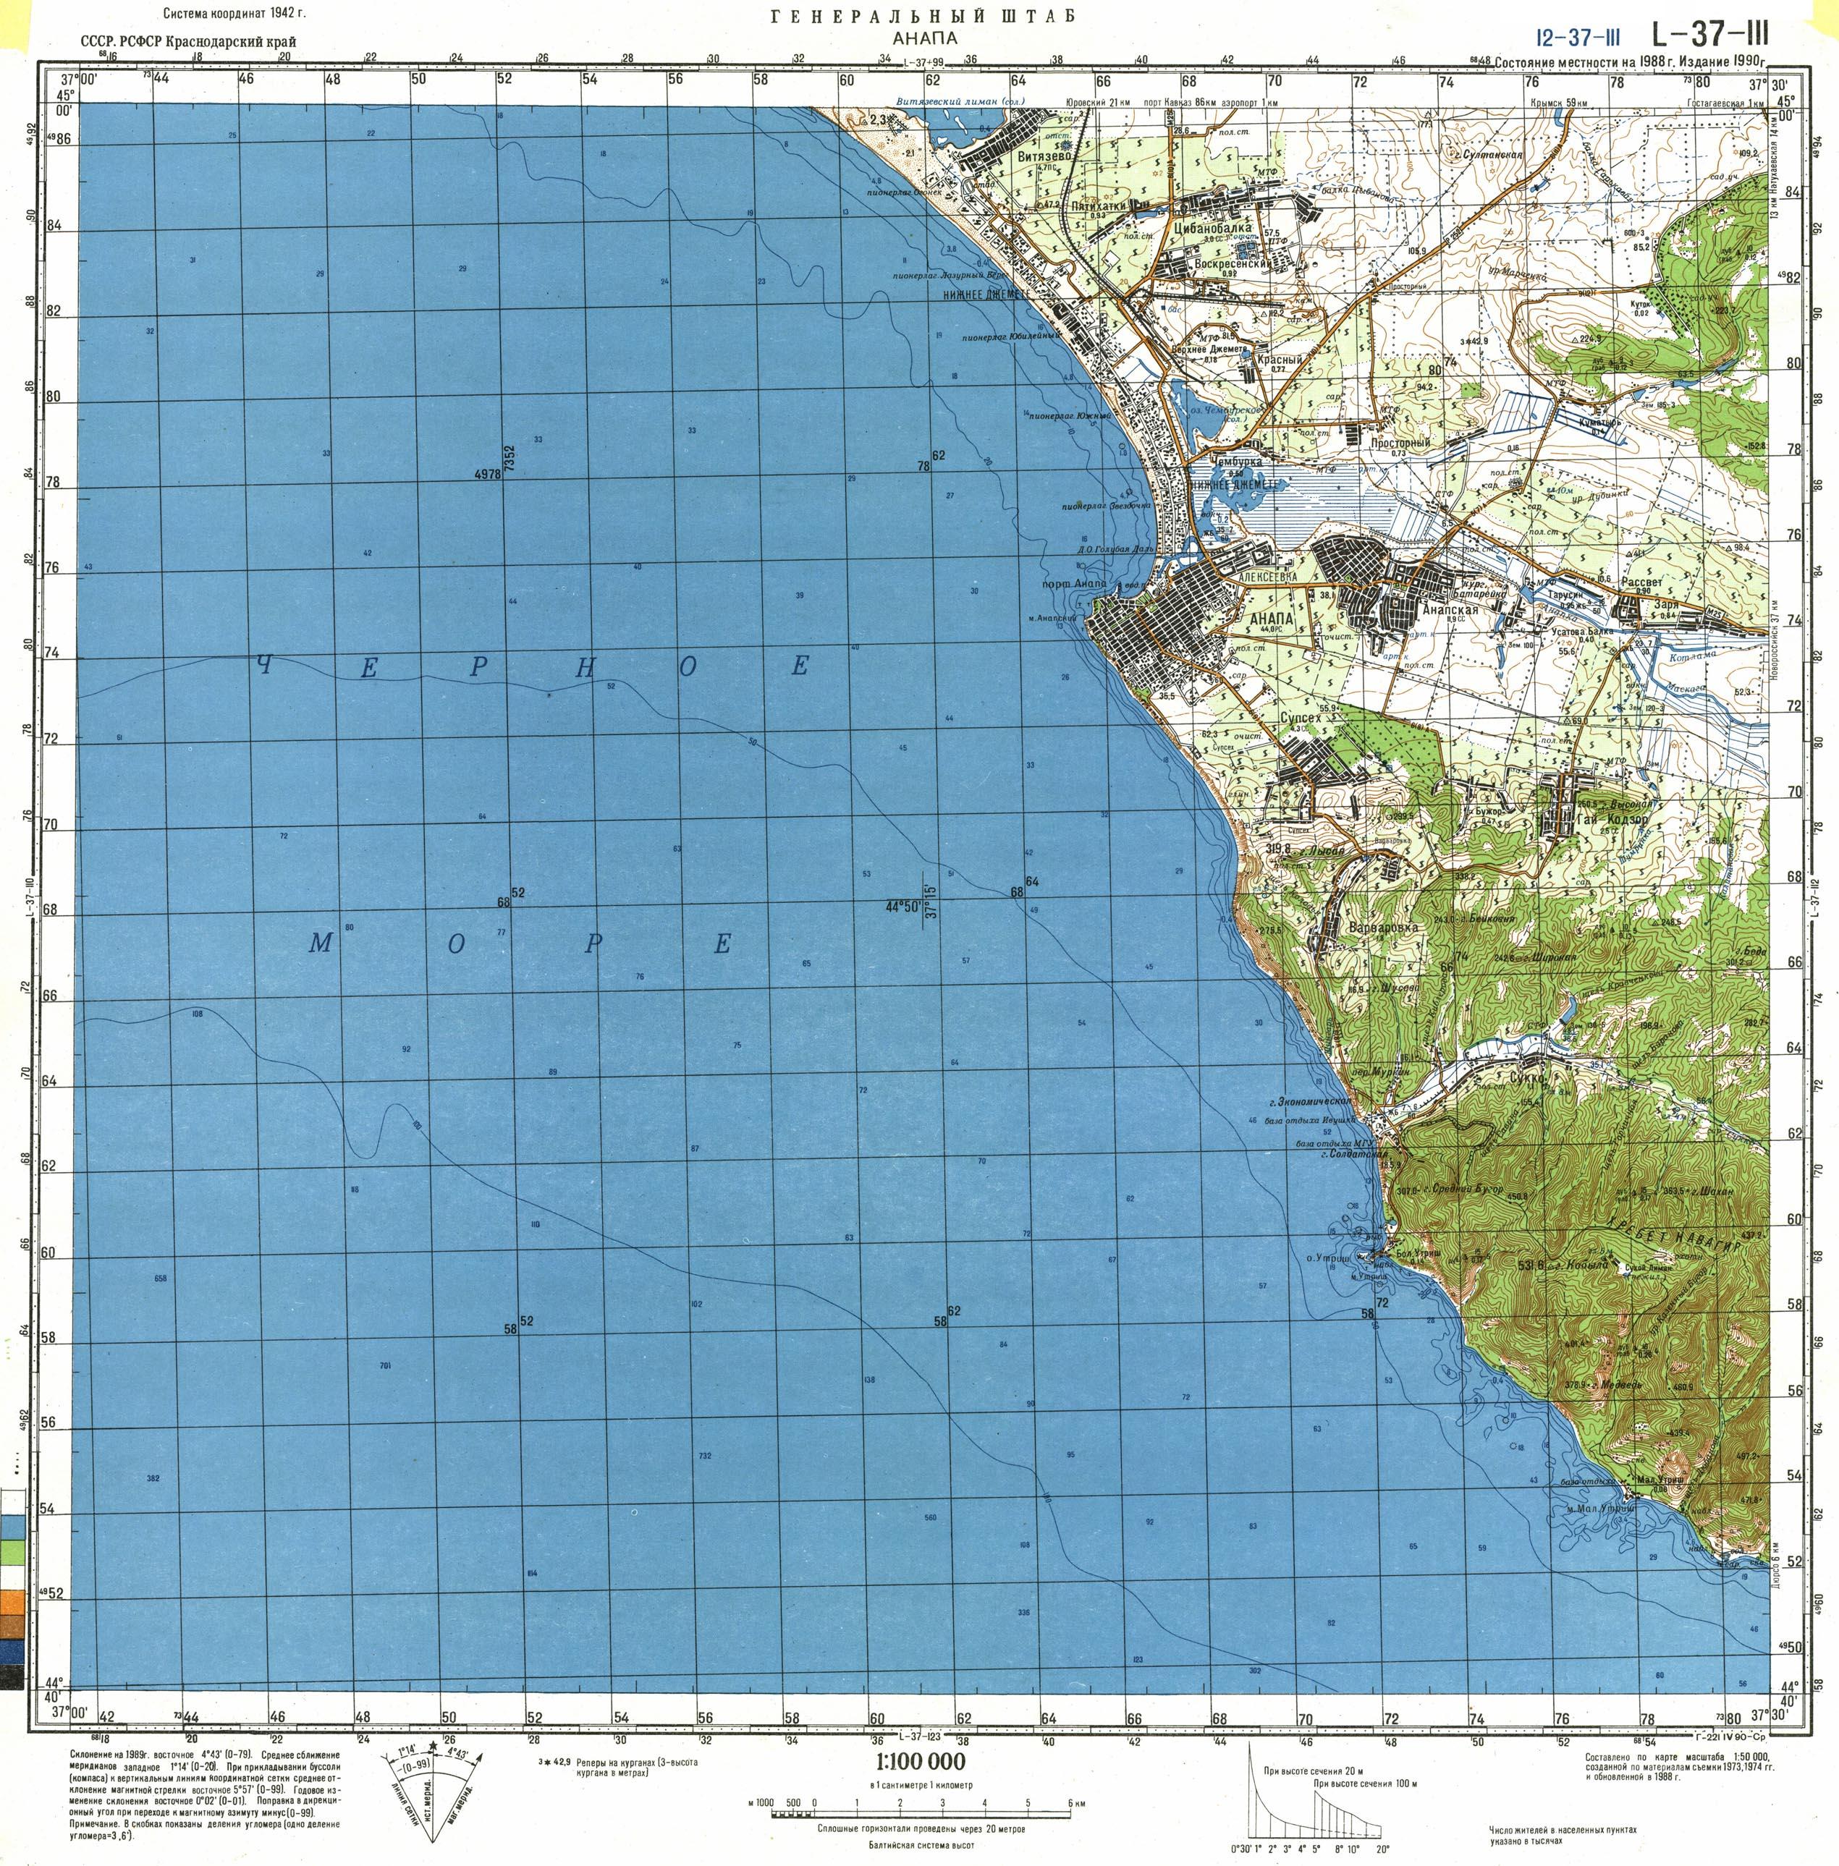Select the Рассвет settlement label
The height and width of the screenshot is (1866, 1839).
tap(1642, 583)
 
